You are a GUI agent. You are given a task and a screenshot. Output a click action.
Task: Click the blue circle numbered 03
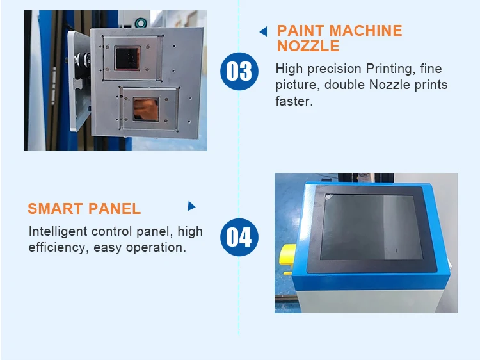click(239, 70)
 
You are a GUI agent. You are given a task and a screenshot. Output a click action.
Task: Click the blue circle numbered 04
click(239, 237)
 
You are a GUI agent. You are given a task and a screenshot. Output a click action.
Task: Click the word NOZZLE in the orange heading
click(308, 46)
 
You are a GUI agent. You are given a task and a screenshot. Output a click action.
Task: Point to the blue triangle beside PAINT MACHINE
click(262, 31)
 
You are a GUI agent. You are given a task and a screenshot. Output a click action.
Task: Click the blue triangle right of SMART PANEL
click(191, 206)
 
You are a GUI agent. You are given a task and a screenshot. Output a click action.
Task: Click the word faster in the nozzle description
click(294, 101)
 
